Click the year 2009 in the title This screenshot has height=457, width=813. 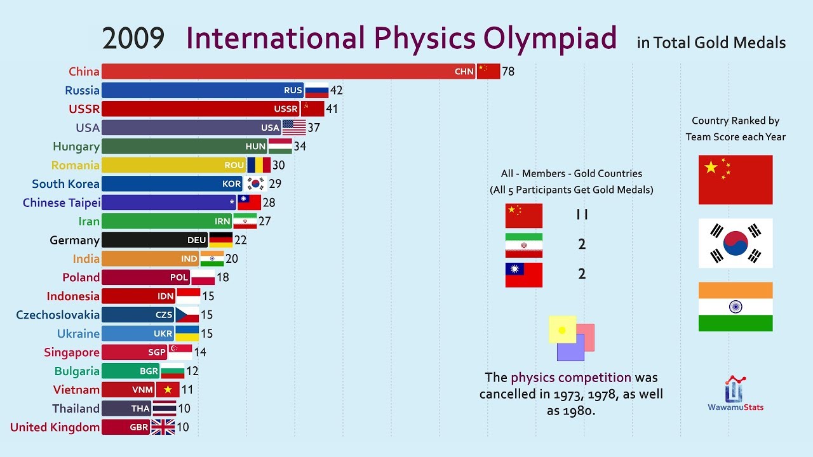pyautogui.click(x=133, y=39)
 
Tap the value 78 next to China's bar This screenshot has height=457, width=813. pyautogui.click(x=508, y=71)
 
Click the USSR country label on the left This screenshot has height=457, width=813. pyautogui.click(x=84, y=109)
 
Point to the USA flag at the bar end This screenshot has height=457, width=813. pyautogui.click(x=293, y=128)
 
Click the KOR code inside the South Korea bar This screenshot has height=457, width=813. pyautogui.click(x=232, y=184)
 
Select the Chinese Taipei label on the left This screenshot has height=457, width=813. pyautogui.click(x=62, y=202)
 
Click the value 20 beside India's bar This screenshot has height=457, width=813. pyautogui.click(x=231, y=258)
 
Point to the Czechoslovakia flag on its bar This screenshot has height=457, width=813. pyautogui.click(x=187, y=315)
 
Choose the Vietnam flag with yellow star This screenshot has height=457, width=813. pyautogui.click(x=168, y=390)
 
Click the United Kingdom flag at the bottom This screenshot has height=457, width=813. pyautogui.click(x=163, y=427)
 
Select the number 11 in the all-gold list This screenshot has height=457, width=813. pyautogui.click(x=582, y=215)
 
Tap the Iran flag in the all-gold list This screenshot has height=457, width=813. pyautogui.click(x=524, y=245)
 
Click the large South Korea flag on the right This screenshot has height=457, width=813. pyautogui.click(x=736, y=243)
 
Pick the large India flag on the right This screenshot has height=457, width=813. pyautogui.click(x=736, y=307)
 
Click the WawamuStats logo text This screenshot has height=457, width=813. pyautogui.click(x=736, y=407)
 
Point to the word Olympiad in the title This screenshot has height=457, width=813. pyautogui.click(x=550, y=38)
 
